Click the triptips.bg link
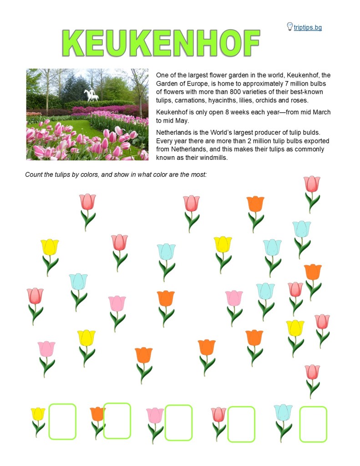[308, 27]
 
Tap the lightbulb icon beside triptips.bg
[289, 26]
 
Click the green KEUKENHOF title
[161, 44]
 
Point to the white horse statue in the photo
[91, 95]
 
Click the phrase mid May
[182, 121]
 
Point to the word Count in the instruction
[34, 174]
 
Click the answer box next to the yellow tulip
[62, 421]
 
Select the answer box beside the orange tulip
[117, 420]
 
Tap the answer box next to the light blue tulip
[313, 424]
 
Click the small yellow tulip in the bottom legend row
[38, 415]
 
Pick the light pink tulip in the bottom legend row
[155, 415]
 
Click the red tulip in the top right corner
[312, 184]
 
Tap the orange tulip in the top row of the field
[255, 205]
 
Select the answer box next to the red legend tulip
[241, 424]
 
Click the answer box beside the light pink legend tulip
[178, 422]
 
